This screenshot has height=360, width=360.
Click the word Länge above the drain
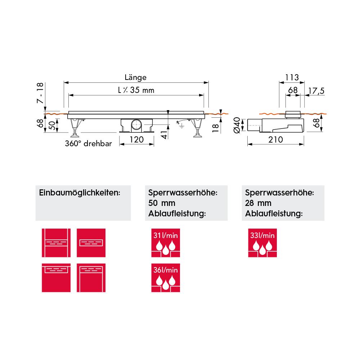[x=135, y=78]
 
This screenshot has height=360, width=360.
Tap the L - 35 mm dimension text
[x=136, y=90]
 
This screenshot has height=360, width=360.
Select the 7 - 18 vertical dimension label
[x=40, y=93]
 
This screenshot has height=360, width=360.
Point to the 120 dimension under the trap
[x=136, y=140]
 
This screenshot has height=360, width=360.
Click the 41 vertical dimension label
[x=164, y=135]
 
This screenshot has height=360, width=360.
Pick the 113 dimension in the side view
[x=292, y=77]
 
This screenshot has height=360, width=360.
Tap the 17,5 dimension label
[x=316, y=91]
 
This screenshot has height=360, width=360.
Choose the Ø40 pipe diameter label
[x=237, y=125]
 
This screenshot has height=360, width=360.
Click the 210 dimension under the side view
[x=275, y=140]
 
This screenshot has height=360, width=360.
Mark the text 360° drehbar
[x=89, y=144]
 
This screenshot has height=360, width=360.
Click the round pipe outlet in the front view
[x=137, y=125]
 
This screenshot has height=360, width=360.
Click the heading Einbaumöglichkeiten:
[x=80, y=193]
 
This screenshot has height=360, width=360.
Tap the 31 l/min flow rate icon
[x=166, y=243]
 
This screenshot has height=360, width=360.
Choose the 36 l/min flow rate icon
[x=166, y=278]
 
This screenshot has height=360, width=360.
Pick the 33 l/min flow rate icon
[x=262, y=243]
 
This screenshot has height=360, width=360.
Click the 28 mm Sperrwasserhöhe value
[x=258, y=203]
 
